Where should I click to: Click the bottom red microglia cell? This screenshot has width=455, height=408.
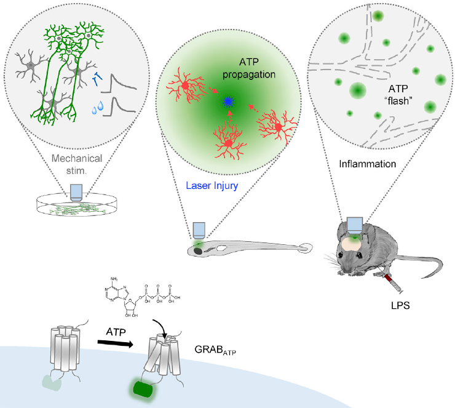pyautogui.click(x=228, y=143)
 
